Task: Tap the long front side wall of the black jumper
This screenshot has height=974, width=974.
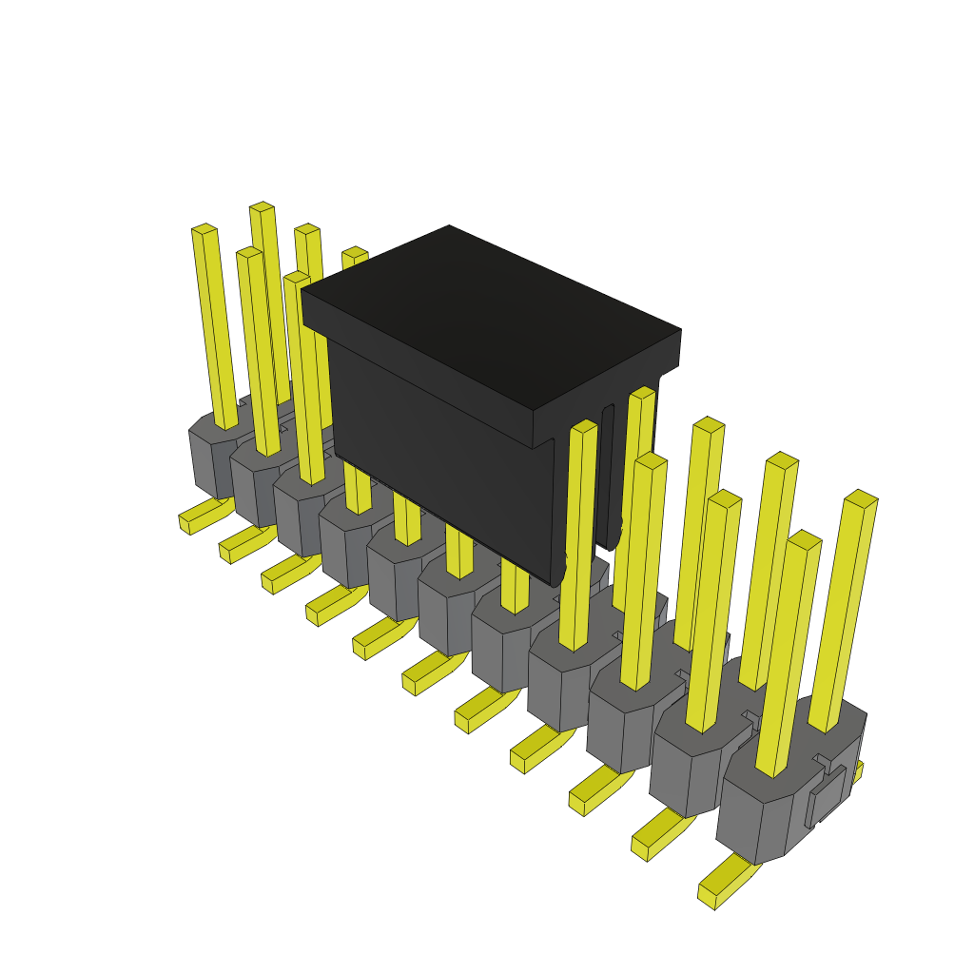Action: pos(438,447)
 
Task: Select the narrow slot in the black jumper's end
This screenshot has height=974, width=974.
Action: pos(607,476)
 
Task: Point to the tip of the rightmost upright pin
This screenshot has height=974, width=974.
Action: pos(861,498)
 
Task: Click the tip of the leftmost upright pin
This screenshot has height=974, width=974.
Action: pos(204,229)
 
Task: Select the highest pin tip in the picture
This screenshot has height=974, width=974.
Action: pos(262,206)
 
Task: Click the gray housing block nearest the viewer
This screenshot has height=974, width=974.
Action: pos(761,818)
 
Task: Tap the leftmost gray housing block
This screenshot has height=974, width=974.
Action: pos(214,457)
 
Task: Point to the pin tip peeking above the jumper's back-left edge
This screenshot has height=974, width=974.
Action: pos(355,252)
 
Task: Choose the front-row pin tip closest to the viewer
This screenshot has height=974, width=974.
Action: pos(805,539)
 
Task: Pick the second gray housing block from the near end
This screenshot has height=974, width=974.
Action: pos(690,770)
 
